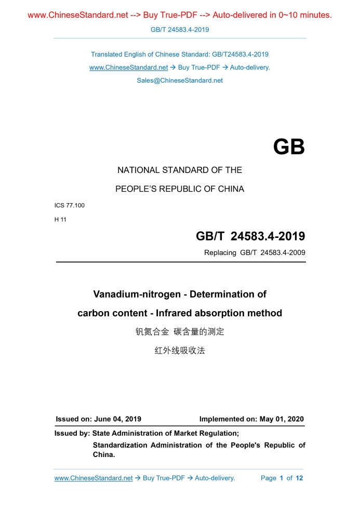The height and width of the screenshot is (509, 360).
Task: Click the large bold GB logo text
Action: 289,147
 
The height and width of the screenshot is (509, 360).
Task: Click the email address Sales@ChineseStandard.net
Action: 180,81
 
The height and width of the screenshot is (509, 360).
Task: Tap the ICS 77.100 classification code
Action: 70,205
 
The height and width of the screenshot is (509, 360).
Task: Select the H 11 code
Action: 60,219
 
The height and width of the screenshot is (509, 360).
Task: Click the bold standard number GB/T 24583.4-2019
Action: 250,237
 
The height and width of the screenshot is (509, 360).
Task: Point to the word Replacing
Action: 220,253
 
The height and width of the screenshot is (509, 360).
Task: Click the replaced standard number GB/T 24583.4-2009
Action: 272,253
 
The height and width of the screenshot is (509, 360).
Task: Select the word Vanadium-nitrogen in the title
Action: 139,294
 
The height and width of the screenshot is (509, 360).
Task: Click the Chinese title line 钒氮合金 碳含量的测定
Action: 180,331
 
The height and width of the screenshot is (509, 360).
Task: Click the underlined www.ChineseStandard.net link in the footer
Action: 94,478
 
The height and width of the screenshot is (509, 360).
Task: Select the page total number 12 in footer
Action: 299,478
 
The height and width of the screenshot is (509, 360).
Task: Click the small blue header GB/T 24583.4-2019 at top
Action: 180,30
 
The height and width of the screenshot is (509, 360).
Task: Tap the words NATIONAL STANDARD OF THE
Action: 180,170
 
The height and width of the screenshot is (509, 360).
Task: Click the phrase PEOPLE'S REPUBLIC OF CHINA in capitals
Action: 180,189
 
